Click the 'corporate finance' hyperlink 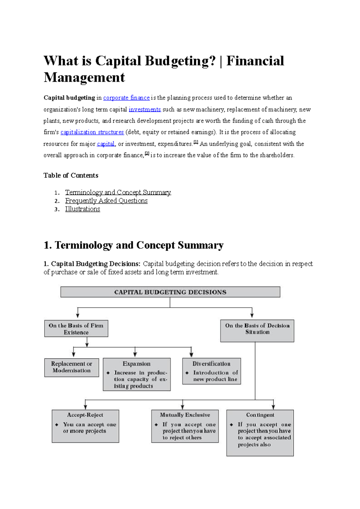pos(126,98)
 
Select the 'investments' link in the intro pos(145,109)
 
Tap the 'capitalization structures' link pos(92,132)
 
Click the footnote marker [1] pos(196,142)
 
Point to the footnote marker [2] pos(147,153)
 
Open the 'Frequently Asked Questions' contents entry pos(106,201)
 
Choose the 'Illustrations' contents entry pos(82,209)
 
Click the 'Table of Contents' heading pos(71,175)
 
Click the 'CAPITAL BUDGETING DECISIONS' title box pos(170,292)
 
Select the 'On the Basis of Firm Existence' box pos(76,329)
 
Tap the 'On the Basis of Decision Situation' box pos(257,330)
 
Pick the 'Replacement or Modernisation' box pos(71,367)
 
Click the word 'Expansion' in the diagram pos(136,364)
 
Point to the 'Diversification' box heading pos(211,364)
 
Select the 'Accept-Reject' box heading pos(85,415)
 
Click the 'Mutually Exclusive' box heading pos(185,415)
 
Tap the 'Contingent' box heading pos(260,415)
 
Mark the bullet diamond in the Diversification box pos(187,373)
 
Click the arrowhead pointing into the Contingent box pos(273,407)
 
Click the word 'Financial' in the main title pos(255,61)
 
